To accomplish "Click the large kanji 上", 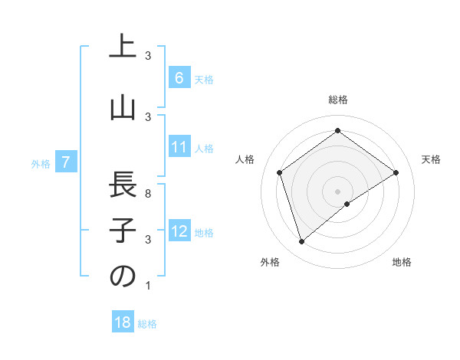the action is point(122,47).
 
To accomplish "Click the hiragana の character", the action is point(122,277).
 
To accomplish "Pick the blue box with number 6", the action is point(179,78).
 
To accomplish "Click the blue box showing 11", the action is point(179,147).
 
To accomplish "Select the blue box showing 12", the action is point(179,231).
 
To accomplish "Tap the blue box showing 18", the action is point(122,322).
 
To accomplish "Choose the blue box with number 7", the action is point(66,162).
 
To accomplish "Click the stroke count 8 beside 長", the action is point(148,194).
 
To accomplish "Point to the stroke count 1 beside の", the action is point(148,286).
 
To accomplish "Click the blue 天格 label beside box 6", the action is point(203,79).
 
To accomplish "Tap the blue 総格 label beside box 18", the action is point(147,323).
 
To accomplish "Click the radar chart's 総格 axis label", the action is point(337,100).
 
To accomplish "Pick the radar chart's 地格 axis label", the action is point(402,262).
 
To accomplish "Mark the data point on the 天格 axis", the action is point(396,172).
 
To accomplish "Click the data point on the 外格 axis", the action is point(301,242).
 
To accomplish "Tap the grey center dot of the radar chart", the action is point(337,191).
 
